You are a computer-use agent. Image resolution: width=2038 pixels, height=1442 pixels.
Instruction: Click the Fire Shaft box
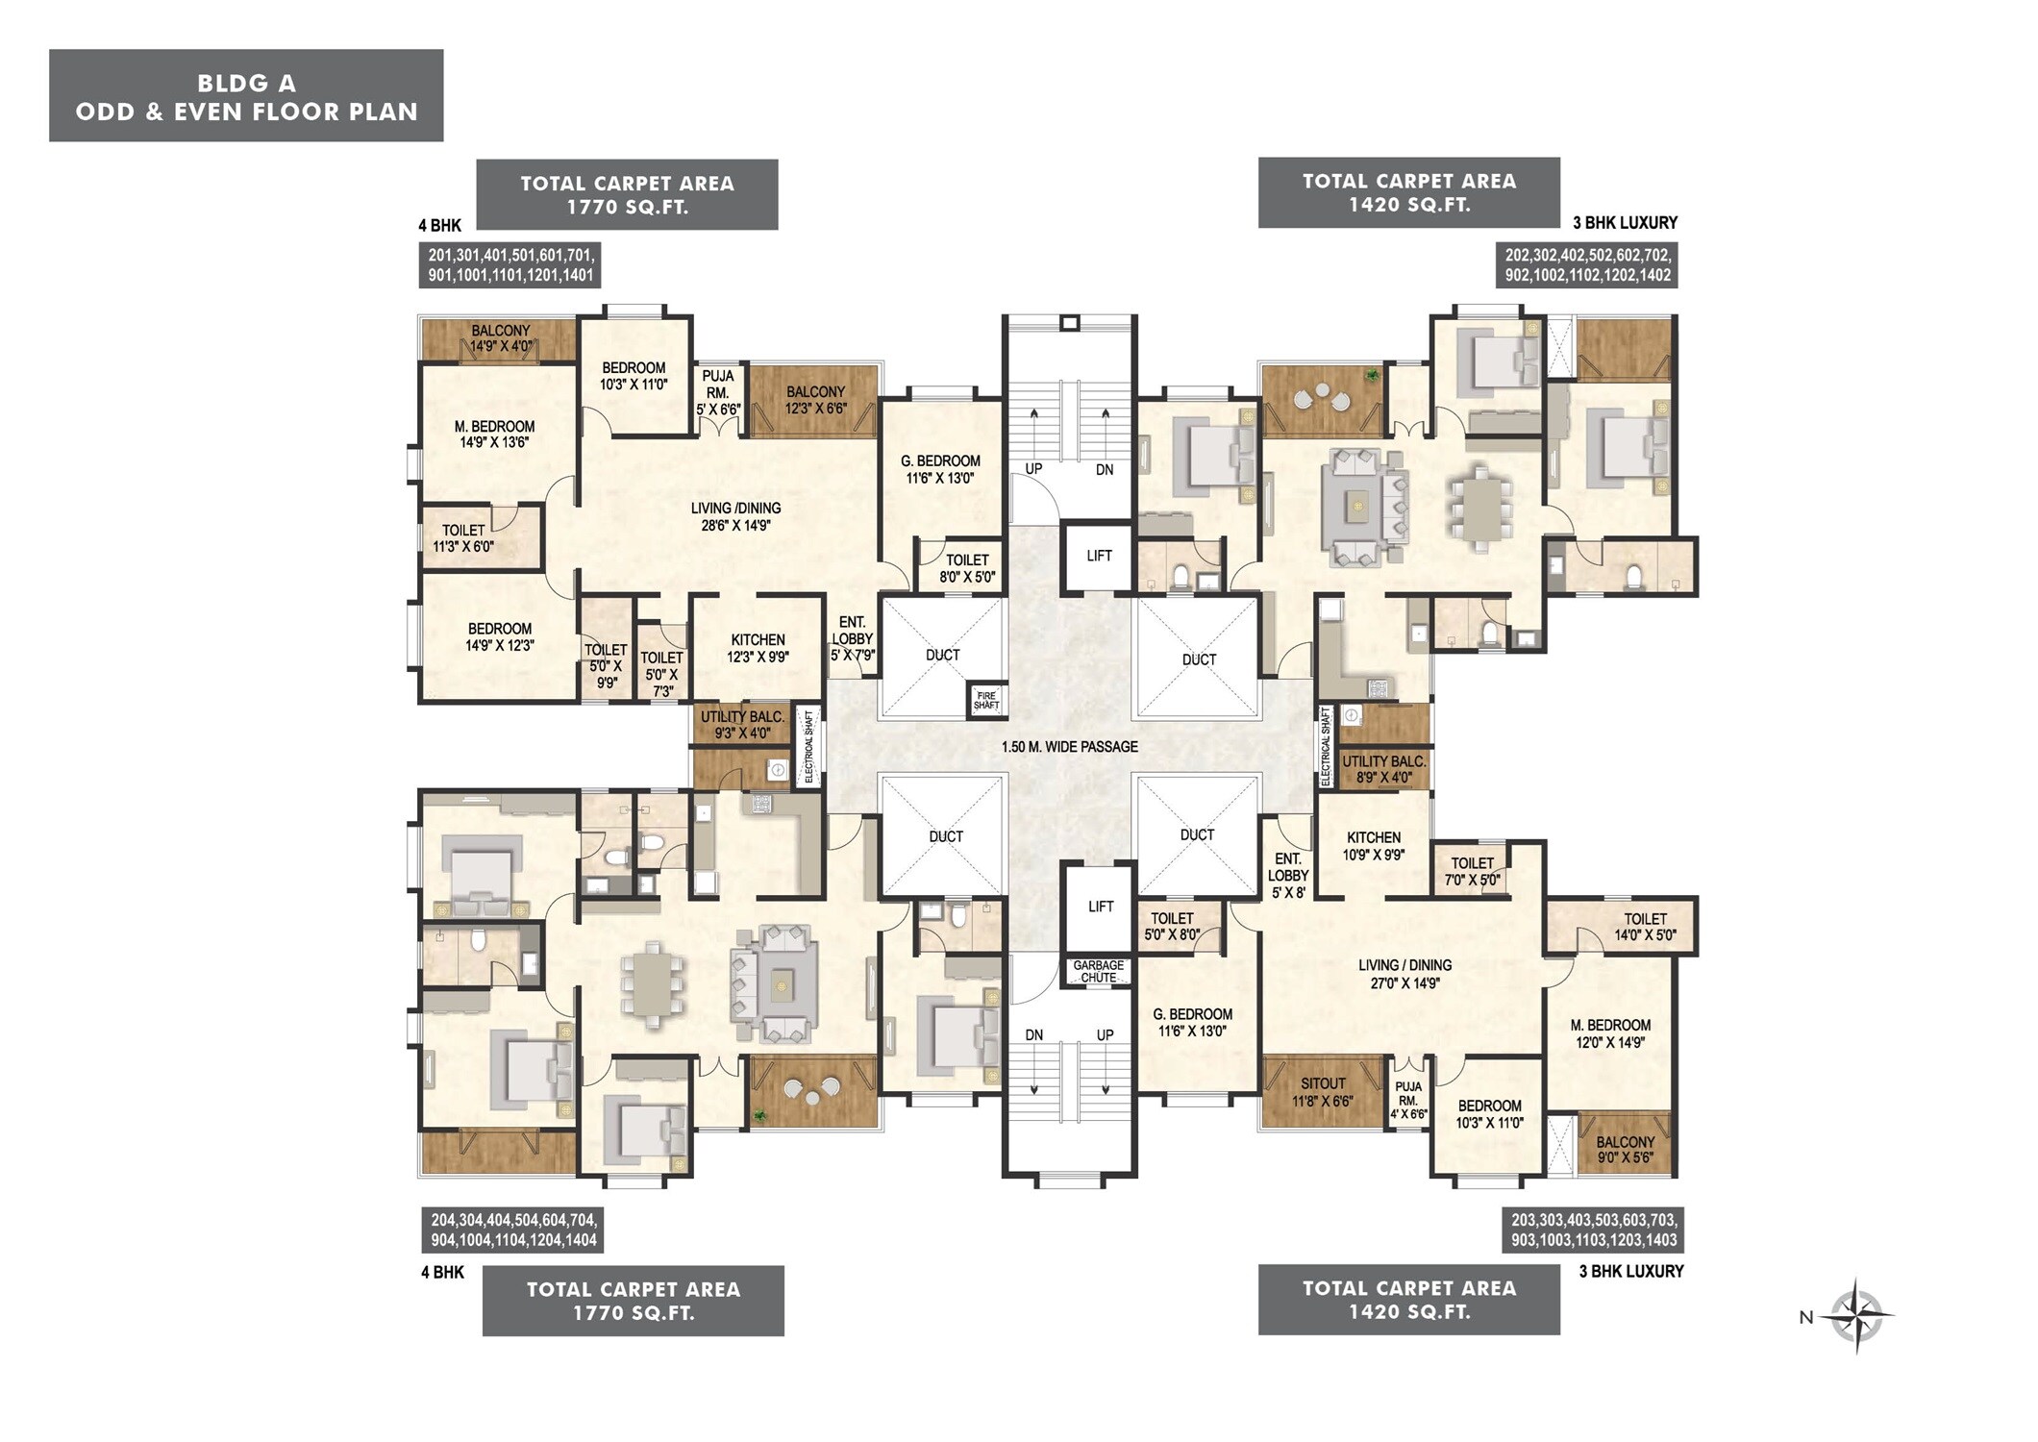(x=986, y=700)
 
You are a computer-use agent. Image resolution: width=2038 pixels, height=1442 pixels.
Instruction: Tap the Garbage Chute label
(x=1098, y=971)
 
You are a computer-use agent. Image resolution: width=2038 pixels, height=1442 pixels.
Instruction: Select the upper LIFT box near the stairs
(x=1099, y=556)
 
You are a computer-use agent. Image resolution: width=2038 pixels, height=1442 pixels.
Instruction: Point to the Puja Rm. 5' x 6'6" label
(x=718, y=392)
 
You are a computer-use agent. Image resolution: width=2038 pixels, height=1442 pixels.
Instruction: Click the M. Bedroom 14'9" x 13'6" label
(x=494, y=435)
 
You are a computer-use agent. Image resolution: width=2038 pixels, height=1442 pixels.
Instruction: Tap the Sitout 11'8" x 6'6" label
(x=1322, y=1092)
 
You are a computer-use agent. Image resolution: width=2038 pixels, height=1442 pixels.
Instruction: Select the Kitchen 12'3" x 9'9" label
(x=758, y=648)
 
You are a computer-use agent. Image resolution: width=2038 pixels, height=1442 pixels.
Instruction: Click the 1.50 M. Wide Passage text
(x=1069, y=747)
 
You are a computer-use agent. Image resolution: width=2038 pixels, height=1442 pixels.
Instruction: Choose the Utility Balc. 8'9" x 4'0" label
(x=1383, y=769)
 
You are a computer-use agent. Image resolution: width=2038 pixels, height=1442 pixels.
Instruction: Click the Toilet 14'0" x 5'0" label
(x=1645, y=927)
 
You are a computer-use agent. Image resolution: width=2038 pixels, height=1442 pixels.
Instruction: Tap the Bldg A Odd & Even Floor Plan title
(x=246, y=97)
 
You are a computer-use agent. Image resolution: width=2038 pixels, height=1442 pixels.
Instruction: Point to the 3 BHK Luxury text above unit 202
(x=1625, y=223)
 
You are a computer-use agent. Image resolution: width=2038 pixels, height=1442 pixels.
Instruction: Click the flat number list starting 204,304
(x=514, y=1230)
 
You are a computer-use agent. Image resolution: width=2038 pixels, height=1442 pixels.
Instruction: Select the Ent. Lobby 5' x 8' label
(x=1287, y=875)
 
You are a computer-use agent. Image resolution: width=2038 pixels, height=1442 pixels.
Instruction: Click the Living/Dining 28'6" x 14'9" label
(x=735, y=516)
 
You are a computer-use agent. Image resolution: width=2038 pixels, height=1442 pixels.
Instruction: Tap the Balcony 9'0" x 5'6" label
(x=1625, y=1150)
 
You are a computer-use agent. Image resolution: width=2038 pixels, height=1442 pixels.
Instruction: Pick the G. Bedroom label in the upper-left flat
(x=940, y=469)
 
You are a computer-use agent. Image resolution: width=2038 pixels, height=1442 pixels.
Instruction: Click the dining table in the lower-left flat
(x=653, y=983)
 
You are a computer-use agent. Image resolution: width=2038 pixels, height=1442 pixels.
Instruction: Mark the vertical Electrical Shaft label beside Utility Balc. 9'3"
(x=808, y=747)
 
